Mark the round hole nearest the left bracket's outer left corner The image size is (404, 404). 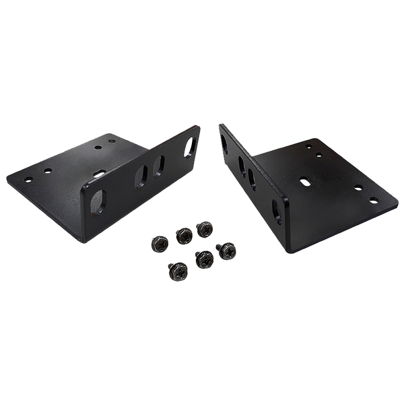[x=28, y=179]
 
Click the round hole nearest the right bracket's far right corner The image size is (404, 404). [x=374, y=199]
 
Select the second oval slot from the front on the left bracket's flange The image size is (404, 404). [x=141, y=176]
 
